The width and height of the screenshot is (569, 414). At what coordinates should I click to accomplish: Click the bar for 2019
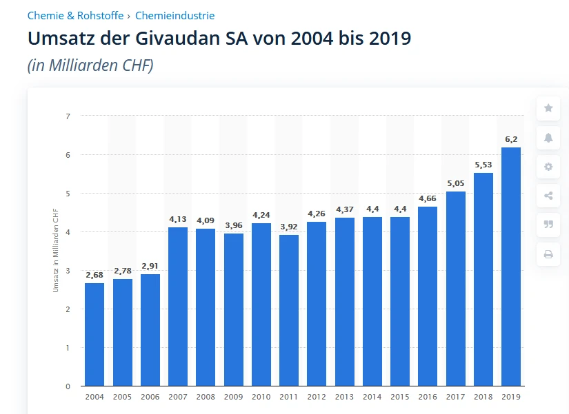click(511, 267)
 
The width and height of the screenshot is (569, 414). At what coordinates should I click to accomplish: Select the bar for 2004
click(94, 334)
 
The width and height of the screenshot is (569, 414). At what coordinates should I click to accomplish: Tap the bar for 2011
click(289, 310)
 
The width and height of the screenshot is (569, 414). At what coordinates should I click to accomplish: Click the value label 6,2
click(511, 139)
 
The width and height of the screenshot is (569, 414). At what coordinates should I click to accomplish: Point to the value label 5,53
click(483, 165)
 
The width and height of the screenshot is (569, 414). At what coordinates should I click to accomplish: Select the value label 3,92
click(289, 227)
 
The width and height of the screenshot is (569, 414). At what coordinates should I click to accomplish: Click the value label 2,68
click(94, 275)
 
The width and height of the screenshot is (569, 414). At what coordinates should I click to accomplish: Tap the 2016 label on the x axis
click(428, 397)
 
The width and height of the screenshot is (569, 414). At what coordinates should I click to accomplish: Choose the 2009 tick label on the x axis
click(233, 397)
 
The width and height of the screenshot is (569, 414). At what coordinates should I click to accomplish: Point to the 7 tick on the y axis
click(68, 116)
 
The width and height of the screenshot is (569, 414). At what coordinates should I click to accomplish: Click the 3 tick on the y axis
click(68, 271)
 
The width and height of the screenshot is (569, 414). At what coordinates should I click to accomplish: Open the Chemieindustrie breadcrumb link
click(174, 15)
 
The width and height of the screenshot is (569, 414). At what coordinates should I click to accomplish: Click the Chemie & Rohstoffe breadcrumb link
click(75, 15)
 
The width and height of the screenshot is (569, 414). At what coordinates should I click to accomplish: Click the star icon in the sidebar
click(548, 108)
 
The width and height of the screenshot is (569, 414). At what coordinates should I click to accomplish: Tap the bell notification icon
click(548, 138)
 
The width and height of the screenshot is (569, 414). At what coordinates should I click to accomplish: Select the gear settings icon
click(548, 167)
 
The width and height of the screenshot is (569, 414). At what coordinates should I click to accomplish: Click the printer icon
click(548, 254)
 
